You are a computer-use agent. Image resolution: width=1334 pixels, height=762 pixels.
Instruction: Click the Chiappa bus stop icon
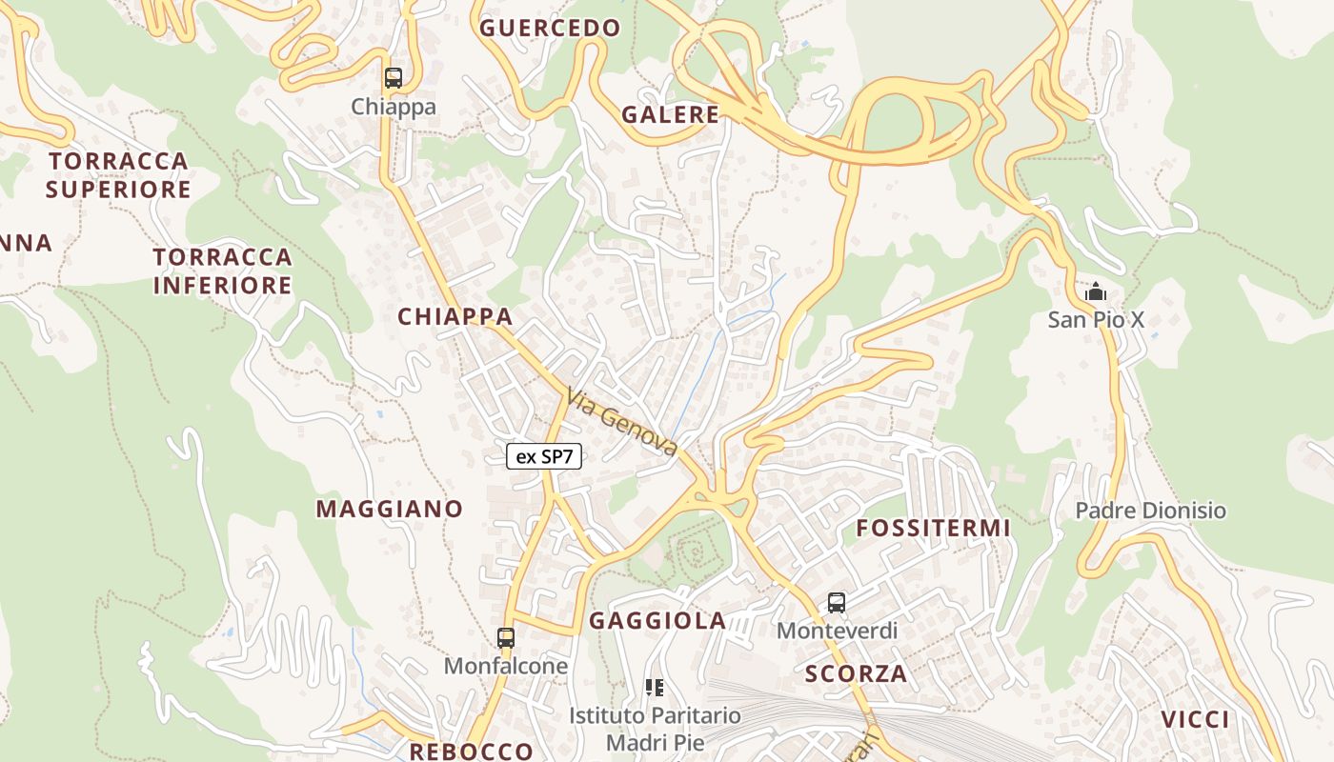tap(393, 78)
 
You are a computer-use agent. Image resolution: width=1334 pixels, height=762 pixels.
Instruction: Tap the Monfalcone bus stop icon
tap(506, 637)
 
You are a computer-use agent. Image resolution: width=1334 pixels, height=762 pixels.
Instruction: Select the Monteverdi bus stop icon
tap(836, 602)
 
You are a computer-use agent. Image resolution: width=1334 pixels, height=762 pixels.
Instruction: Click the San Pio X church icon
tap(1097, 291)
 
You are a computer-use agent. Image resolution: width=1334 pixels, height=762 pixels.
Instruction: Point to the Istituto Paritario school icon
tap(655, 687)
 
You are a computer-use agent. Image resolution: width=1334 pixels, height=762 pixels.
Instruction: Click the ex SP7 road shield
tap(544, 456)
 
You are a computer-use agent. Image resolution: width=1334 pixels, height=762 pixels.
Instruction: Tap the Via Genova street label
tap(622, 421)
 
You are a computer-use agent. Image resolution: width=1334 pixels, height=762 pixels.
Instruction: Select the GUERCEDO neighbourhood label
tap(550, 28)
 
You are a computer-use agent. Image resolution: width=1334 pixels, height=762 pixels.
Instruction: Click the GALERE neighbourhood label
tap(670, 115)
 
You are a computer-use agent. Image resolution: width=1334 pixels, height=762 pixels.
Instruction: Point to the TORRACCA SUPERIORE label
tap(118, 174)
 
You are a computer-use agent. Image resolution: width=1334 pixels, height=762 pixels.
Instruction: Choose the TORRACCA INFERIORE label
tap(222, 271)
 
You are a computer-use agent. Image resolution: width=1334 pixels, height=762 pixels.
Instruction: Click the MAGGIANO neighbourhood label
tap(389, 509)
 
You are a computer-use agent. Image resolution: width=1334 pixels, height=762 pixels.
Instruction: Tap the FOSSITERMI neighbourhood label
tap(933, 528)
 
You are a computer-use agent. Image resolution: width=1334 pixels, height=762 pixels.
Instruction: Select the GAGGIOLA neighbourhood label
tap(657, 621)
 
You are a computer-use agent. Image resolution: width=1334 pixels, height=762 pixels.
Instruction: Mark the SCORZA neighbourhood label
tap(856, 674)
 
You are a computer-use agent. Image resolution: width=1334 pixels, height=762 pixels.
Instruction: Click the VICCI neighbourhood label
tap(1195, 719)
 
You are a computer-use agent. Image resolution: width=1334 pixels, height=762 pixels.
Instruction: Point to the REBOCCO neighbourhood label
tap(471, 751)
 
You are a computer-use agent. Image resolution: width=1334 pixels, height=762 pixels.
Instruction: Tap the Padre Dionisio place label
tap(1150, 511)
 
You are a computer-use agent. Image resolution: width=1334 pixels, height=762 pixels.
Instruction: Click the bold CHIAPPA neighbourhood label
tap(455, 316)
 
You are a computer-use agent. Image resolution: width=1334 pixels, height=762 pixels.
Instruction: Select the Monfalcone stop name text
tap(505, 666)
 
